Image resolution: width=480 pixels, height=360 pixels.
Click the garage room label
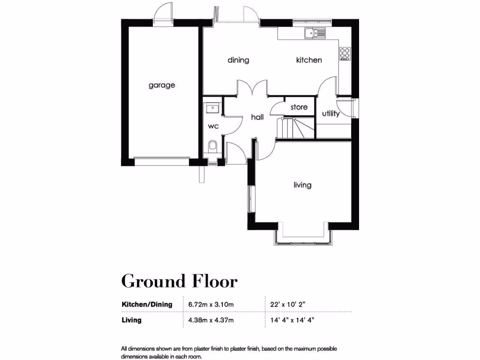tap(162, 85)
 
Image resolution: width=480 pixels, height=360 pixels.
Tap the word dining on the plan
tap(238, 60)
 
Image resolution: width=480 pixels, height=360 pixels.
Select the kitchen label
tap(309, 60)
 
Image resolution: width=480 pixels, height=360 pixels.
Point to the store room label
tap(299, 107)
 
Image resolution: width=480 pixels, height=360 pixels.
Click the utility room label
tap(331, 113)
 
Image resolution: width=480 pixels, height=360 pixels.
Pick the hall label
tap(257, 117)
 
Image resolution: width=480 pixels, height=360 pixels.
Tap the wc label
tap(214, 126)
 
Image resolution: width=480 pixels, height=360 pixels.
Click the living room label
tap(302, 185)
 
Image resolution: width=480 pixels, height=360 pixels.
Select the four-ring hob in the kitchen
tap(345, 53)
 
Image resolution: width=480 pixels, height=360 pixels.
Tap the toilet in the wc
tap(212, 146)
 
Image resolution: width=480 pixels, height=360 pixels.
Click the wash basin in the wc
tap(212, 109)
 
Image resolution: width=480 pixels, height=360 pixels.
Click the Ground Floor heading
tap(179, 281)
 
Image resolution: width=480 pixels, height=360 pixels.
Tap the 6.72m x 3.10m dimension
tap(211, 304)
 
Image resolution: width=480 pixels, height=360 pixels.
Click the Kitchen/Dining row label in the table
tap(147, 304)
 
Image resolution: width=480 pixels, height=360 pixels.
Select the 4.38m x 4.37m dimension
tap(211, 321)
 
